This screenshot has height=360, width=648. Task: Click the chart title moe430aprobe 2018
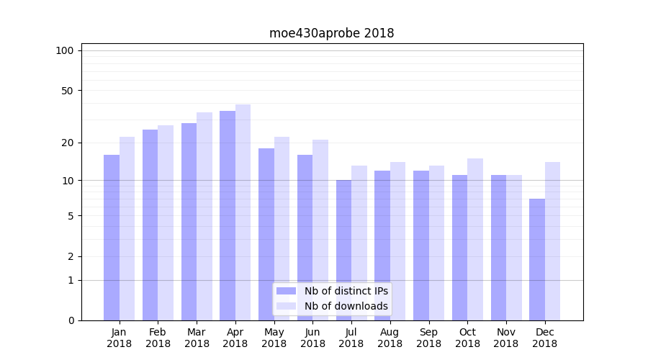coord(331,33)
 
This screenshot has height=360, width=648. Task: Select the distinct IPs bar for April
coord(228,216)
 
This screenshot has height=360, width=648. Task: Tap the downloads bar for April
coord(243,212)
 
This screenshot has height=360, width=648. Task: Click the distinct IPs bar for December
coord(537,259)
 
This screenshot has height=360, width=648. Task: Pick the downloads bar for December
coord(552,241)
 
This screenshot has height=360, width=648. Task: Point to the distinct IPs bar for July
coord(343,250)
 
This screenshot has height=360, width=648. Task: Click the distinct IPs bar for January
coord(112,238)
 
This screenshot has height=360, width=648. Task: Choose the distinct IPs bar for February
coord(150,225)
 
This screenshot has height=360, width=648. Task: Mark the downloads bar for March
coord(204,216)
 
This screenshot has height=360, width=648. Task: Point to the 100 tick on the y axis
coord(65,50)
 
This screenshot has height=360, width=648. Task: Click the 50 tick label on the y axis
coord(67,91)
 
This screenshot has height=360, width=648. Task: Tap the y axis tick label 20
coord(67,143)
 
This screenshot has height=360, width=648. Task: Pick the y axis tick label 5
coord(70,216)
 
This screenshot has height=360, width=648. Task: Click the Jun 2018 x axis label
coord(312,338)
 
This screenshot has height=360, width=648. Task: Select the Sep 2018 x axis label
coord(428,338)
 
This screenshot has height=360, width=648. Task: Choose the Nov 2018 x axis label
coord(506,338)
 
